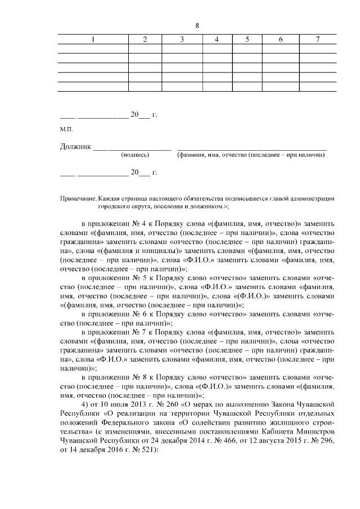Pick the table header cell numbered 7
tap(318, 39)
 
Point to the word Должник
tap(75, 147)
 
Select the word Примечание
tap(78, 199)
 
